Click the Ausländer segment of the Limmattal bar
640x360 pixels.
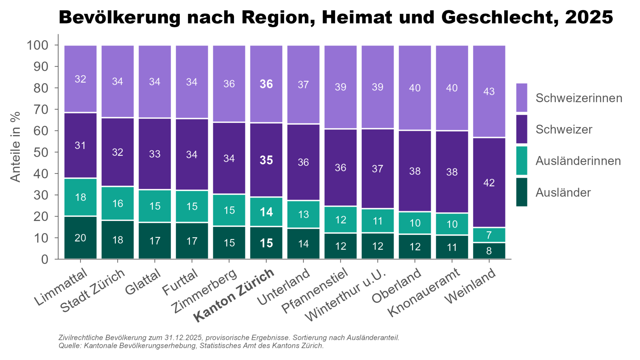click(x=80, y=238)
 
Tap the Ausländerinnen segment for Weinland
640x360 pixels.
click(x=489, y=235)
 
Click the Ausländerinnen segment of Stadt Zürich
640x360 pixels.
click(x=118, y=204)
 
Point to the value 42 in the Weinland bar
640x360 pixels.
click(x=489, y=183)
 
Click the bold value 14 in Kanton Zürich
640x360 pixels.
click(x=266, y=212)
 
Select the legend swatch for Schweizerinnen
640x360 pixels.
click(x=521, y=98)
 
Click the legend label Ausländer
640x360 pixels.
click(x=563, y=193)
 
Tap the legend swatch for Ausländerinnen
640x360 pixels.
click(x=521, y=161)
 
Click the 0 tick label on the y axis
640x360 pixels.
click(x=44, y=260)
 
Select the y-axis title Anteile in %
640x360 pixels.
click(x=15, y=147)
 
